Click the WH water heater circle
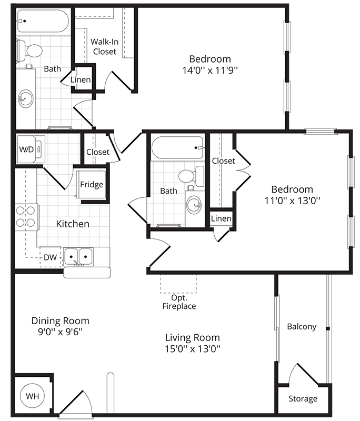pos(33,396)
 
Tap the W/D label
pos(26,149)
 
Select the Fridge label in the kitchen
pos(92,185)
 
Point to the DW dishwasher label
pos(51,257)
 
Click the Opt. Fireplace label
pos(179,302)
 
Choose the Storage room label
pos(303,399)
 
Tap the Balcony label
pos(302,326)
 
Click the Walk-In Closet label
pos(104,46)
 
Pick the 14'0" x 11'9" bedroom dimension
pos(210,71)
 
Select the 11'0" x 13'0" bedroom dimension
pos(292,201)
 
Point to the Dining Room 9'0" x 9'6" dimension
pos(60,332)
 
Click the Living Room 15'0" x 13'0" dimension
pos(193,349)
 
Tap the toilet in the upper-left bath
pos(29,51)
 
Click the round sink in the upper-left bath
pos(25,99)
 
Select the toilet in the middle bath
pos(191,176)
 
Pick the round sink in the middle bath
pos(194,205)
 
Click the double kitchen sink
pos(78,257)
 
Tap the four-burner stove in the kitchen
pos(26,217)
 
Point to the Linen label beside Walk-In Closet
pos(81,80)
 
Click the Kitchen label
pos(73,224)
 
